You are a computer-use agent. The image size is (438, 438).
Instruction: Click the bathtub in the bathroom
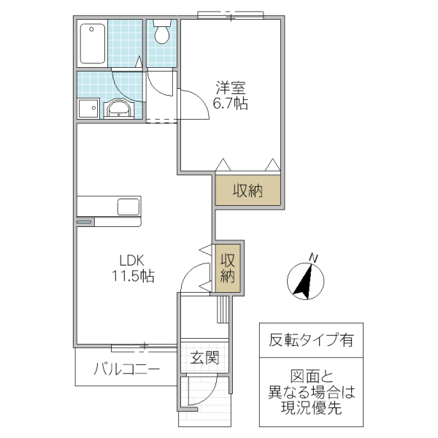point(93,42)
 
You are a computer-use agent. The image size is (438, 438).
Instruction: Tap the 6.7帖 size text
point(230,104)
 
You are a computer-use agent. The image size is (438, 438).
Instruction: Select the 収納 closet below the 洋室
point(247,191)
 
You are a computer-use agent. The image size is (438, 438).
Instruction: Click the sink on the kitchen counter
point(128,207)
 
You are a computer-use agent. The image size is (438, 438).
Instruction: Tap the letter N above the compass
point(313,257)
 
